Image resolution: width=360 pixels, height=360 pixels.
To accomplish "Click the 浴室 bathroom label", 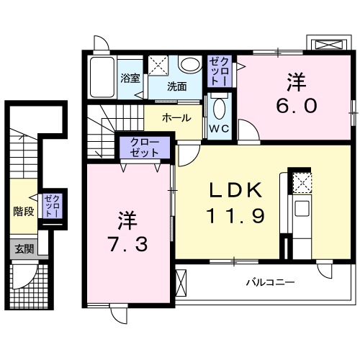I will (130, 78).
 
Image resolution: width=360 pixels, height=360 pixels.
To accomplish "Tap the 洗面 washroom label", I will (177, 86).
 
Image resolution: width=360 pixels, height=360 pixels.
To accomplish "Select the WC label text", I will (220, 130).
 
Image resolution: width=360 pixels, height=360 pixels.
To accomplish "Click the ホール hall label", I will (176, 117).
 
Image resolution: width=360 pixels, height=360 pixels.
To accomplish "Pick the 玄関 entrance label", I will (24, 249).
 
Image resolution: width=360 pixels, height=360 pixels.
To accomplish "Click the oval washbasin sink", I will (191, 65).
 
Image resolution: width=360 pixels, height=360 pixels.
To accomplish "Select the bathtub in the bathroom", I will (104, 77).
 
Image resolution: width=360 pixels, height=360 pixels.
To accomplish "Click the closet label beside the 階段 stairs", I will (51, 207).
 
